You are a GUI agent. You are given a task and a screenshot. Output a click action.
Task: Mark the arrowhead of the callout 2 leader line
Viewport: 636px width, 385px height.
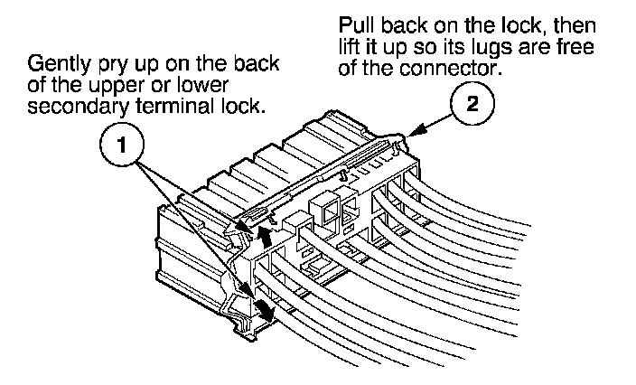point(410,134)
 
